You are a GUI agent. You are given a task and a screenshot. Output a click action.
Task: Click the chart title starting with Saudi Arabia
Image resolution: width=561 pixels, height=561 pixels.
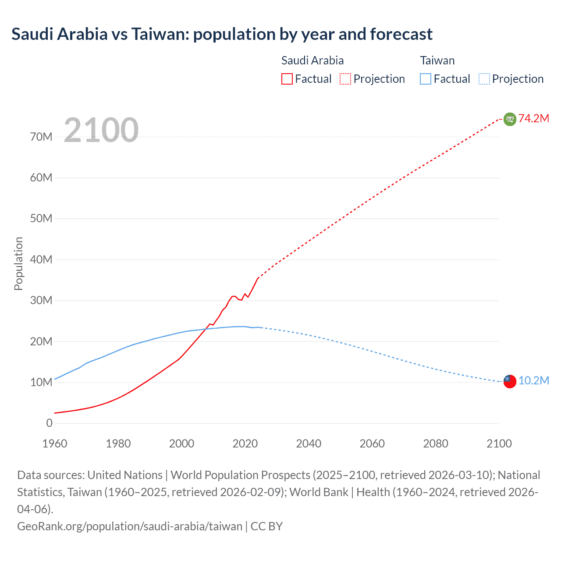222,34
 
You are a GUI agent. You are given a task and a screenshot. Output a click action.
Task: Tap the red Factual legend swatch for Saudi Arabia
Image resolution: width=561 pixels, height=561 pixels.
287,79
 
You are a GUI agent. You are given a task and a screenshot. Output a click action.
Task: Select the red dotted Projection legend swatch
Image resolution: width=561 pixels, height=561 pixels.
345,79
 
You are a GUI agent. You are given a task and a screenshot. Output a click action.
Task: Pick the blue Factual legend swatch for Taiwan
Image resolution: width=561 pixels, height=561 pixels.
425,79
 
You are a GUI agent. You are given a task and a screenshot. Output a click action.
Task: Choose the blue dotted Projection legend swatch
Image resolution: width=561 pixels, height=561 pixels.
484,79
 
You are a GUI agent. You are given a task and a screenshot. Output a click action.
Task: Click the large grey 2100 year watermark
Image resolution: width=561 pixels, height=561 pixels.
101,130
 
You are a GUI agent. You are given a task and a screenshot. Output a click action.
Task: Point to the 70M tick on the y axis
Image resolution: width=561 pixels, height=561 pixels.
41,137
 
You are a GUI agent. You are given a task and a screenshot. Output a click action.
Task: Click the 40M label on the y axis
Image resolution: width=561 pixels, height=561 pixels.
41,259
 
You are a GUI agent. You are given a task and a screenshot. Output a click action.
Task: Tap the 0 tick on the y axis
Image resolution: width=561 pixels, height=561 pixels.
49,423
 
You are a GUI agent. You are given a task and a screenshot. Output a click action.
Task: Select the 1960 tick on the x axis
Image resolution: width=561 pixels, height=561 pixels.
55,444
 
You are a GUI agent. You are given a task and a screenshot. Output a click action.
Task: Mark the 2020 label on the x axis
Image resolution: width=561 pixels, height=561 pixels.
245,444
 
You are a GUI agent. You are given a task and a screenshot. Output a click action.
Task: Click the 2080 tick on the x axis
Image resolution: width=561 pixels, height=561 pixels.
436,444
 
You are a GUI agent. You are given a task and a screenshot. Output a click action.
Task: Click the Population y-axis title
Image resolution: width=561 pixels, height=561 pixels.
18,263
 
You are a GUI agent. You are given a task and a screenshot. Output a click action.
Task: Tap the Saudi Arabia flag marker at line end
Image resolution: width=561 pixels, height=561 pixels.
510,119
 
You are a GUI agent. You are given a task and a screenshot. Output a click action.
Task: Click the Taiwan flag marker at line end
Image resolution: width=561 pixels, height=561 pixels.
510,381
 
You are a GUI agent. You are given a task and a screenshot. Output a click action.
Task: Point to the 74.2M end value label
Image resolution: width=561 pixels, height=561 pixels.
534,119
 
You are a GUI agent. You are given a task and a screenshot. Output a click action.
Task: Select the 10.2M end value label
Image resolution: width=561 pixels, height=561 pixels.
534,380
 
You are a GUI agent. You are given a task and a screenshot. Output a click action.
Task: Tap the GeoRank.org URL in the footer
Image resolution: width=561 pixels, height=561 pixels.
130,526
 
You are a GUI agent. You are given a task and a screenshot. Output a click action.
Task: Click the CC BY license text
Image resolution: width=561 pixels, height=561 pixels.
266,526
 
